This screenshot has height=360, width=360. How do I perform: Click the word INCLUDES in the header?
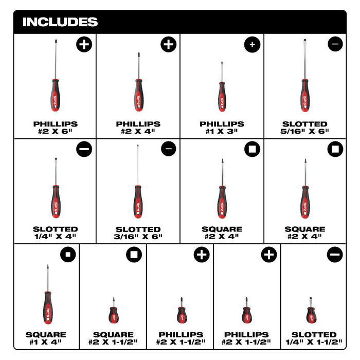(60, 22)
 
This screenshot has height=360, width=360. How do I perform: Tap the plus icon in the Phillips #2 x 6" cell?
(84, 44)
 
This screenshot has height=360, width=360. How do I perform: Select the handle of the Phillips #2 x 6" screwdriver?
(56, 95)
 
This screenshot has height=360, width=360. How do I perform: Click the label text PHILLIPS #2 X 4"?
(138, 128)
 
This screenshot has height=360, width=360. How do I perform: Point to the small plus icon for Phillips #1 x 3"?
(252, 44)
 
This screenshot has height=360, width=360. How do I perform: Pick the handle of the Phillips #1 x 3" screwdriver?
(222, 97)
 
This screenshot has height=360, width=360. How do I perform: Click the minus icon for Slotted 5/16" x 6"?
(335, 44)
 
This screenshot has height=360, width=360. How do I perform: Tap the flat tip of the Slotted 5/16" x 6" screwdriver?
(305, 41)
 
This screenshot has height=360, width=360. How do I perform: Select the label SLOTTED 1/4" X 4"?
(56, 232)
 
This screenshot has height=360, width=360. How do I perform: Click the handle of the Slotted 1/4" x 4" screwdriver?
(56, 202)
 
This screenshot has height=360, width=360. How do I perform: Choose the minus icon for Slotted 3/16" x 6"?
(169, 149)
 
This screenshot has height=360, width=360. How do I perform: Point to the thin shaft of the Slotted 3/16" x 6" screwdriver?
(138, 165)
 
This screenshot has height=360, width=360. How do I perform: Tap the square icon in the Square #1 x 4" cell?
(68, 255)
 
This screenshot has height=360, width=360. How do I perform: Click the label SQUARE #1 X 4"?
(46, 338)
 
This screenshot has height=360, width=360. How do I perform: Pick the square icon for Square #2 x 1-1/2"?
(134, 255)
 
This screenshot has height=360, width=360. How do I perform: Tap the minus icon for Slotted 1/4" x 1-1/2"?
(335, 255)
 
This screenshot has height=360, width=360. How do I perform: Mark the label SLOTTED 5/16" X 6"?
(304, 128)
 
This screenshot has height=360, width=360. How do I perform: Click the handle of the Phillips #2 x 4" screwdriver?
(139, 95)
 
